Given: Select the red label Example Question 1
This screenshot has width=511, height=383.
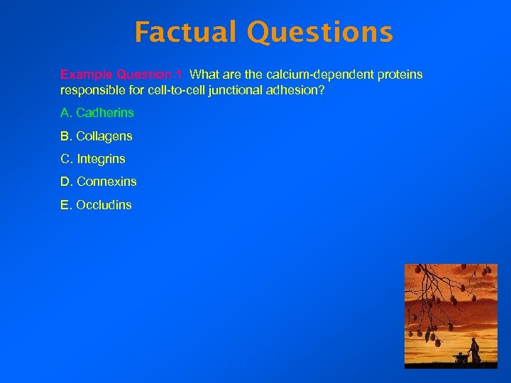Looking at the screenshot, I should [116, 74].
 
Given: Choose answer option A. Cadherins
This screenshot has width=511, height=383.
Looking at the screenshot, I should [97, 113].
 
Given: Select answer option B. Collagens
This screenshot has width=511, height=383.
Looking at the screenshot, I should [97, 136].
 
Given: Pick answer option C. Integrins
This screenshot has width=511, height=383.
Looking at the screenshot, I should [93, 159].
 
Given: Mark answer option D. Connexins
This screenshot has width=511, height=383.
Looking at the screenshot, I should [99, 182].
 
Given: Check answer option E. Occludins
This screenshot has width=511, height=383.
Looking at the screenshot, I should [96, 205].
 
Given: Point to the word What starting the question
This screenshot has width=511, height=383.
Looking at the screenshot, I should [206, 74].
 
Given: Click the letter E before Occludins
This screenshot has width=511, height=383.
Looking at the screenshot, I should [65, 205].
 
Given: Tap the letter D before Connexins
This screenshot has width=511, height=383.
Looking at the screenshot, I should [65, 182].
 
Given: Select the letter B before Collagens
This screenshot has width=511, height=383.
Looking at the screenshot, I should [65, 136].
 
